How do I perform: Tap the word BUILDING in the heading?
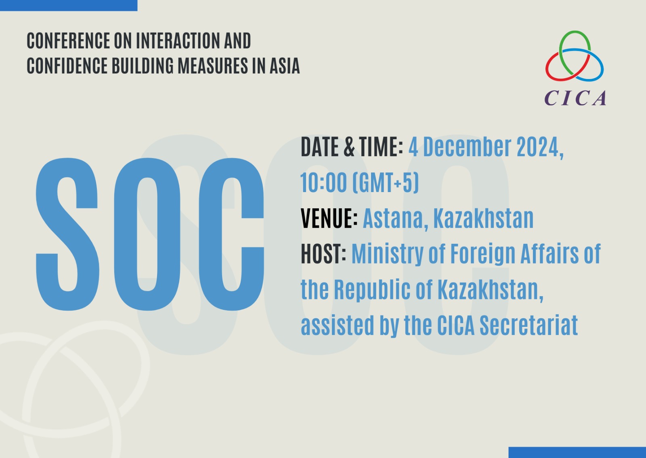point(143,66)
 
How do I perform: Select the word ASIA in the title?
point(285,66)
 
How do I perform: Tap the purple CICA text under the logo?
point(575,98)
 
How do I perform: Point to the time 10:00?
point(323,182)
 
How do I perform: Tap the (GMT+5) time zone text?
point(386,183)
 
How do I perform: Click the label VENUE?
point(329,218)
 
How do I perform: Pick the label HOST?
point(323,254)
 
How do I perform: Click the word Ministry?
point(387,254)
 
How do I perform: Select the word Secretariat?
point(529,325)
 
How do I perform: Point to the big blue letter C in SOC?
point(231,234)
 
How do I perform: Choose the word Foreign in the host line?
point(482,254)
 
